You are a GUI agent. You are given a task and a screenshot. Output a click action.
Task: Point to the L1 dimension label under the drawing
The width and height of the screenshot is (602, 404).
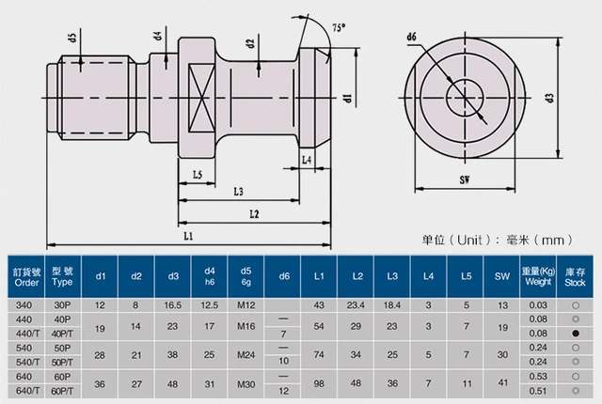pos(188,235)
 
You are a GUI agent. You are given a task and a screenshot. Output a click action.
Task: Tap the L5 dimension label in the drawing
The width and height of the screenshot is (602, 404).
pos(198,176)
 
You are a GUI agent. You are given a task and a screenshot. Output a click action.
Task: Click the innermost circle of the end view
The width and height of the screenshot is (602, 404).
pos(467,96)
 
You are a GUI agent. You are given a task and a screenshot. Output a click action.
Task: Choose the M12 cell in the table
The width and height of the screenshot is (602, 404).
pos(246,305)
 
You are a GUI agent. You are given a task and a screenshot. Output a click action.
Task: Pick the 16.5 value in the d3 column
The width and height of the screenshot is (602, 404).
pos(173,305)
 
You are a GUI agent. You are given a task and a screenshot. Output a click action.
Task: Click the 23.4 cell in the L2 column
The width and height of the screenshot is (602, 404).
pos(356,305)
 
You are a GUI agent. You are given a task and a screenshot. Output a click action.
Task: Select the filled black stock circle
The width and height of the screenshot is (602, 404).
pos(573,333)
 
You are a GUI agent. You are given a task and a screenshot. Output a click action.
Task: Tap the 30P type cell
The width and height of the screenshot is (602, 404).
pos(62,305)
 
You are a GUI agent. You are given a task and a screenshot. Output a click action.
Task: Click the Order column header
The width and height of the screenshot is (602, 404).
pos(26,276)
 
